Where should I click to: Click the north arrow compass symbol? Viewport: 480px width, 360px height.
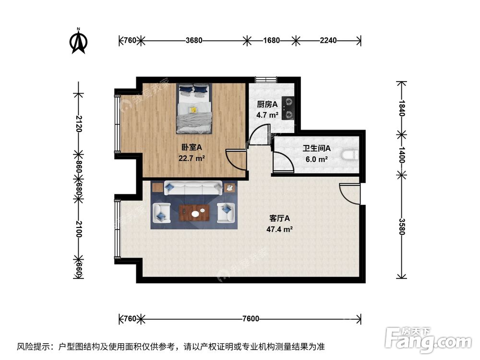79,41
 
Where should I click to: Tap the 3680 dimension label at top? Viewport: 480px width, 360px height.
193,40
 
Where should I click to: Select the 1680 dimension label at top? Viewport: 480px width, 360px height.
271,40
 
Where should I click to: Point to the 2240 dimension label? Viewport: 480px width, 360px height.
328,40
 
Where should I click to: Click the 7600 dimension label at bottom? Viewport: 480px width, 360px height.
251,319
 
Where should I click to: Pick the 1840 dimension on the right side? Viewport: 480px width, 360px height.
402,108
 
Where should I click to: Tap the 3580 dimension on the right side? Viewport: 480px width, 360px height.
402,226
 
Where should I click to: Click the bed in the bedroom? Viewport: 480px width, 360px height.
194,108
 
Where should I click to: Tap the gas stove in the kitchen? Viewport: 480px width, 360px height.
288,108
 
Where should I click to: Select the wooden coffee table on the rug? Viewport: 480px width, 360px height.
194,212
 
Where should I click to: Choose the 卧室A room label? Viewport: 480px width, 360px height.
191,148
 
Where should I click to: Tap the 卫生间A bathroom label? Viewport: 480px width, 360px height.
316,149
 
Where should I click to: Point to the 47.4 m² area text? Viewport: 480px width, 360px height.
280,229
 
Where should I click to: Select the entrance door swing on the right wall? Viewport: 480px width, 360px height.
349,194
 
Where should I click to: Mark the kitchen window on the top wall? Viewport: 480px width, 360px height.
265,79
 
